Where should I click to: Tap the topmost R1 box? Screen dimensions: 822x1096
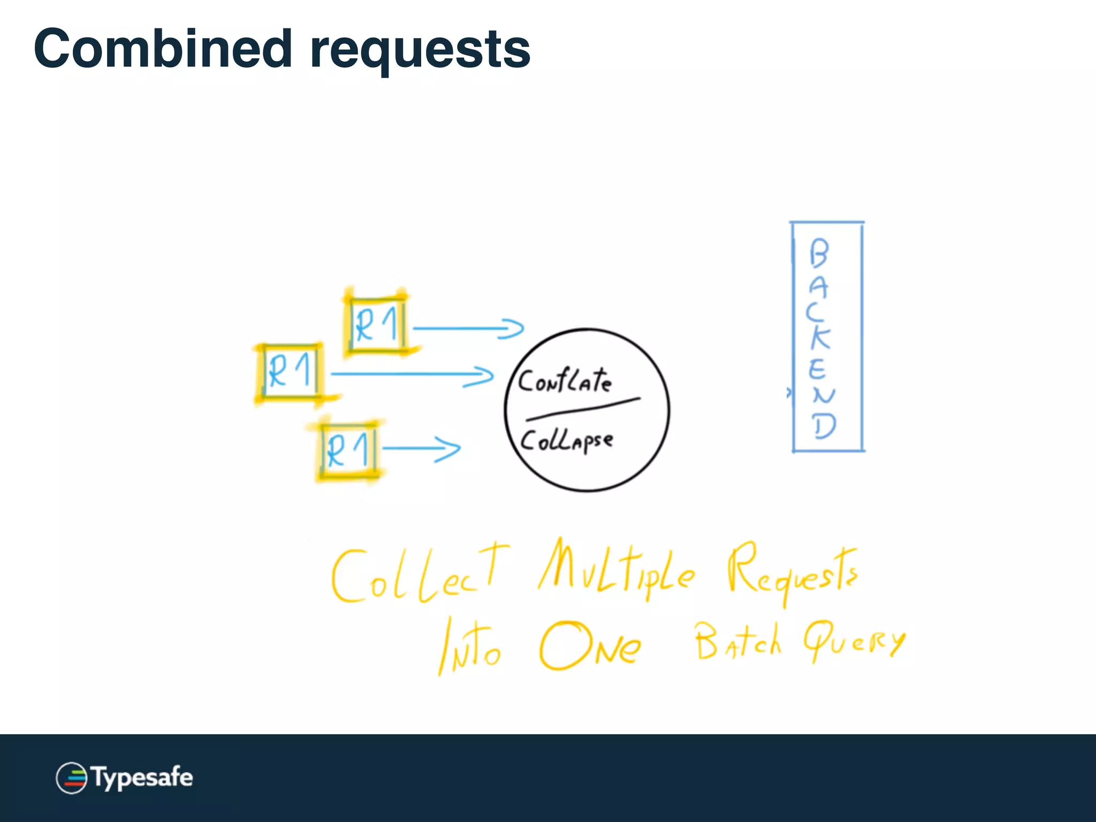[376, 324]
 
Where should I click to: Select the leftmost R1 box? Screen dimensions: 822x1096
[290, 371]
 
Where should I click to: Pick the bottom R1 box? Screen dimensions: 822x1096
[348, 450]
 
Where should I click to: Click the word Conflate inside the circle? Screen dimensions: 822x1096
[565, 381]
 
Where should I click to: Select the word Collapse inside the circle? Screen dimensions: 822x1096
[566, 441]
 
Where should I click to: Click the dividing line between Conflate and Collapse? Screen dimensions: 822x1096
[583, 409]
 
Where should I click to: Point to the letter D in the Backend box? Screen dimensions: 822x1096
[824, 427]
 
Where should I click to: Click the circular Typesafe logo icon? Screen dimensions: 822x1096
[71, 778]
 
